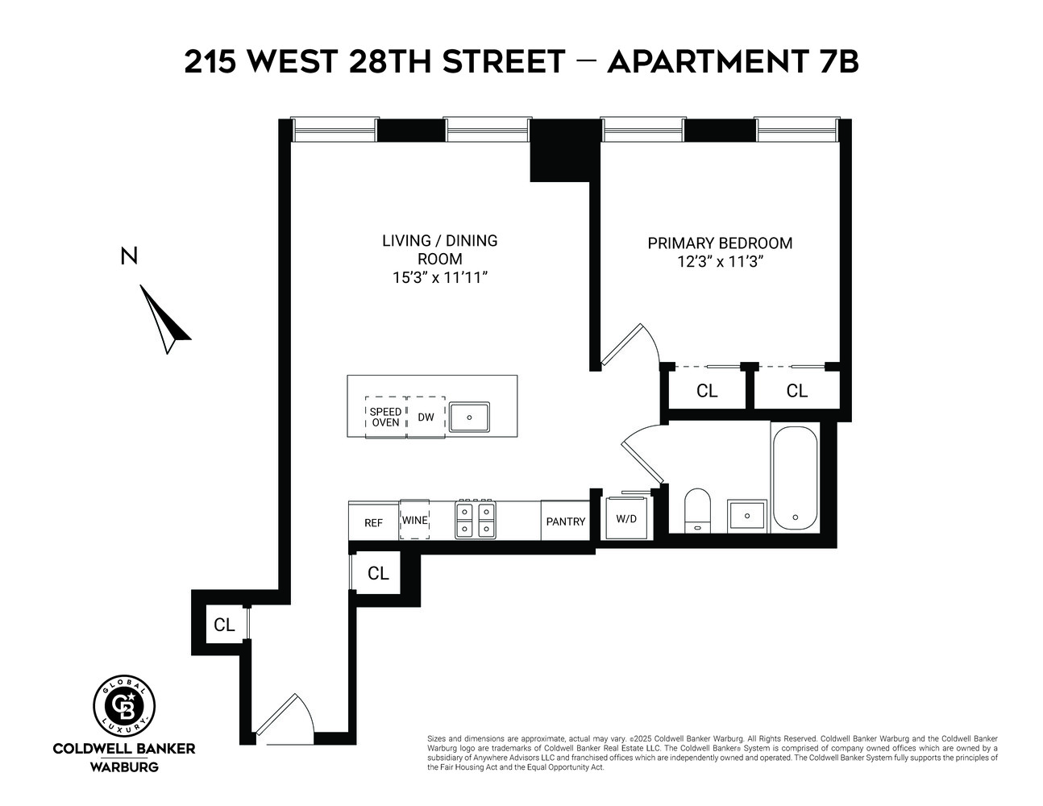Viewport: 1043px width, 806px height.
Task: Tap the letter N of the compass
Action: pyautogui.click(x=128, y=256)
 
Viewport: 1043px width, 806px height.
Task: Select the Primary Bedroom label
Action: pyautogui.click(x=720, y=243)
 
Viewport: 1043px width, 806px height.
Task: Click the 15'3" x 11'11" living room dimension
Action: pyautogui.click(x=440, y=277)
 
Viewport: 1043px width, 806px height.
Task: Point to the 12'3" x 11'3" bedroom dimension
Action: pyautogui.click(x=720, y=261)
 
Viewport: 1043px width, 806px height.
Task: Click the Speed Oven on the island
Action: pyautogui.click(x=385, y=417)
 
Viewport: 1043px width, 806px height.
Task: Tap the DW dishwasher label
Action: pyautogui.click(x=426, y=417)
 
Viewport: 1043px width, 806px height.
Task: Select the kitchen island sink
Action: pyautogui.click(x=469, y=418)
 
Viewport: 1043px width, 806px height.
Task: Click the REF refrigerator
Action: pyautogui.click(x=373, y=521)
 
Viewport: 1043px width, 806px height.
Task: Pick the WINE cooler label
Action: pyautogui.click(x=414, y=520)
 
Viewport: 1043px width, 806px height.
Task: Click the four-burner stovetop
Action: pyautogui.click(x=475, y=520)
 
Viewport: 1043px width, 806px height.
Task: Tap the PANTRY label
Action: pyautogui.click(x=565, y=521)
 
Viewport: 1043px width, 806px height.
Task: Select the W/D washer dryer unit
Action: pyautogui.click(x=626, y=518)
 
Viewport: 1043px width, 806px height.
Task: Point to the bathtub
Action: pyautogui.click(x=795, y=478)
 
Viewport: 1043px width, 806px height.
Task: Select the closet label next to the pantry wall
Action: pyautogui.click(x=378, y=573)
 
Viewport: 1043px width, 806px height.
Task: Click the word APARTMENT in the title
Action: pyautogui.click(x=702, y=61)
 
